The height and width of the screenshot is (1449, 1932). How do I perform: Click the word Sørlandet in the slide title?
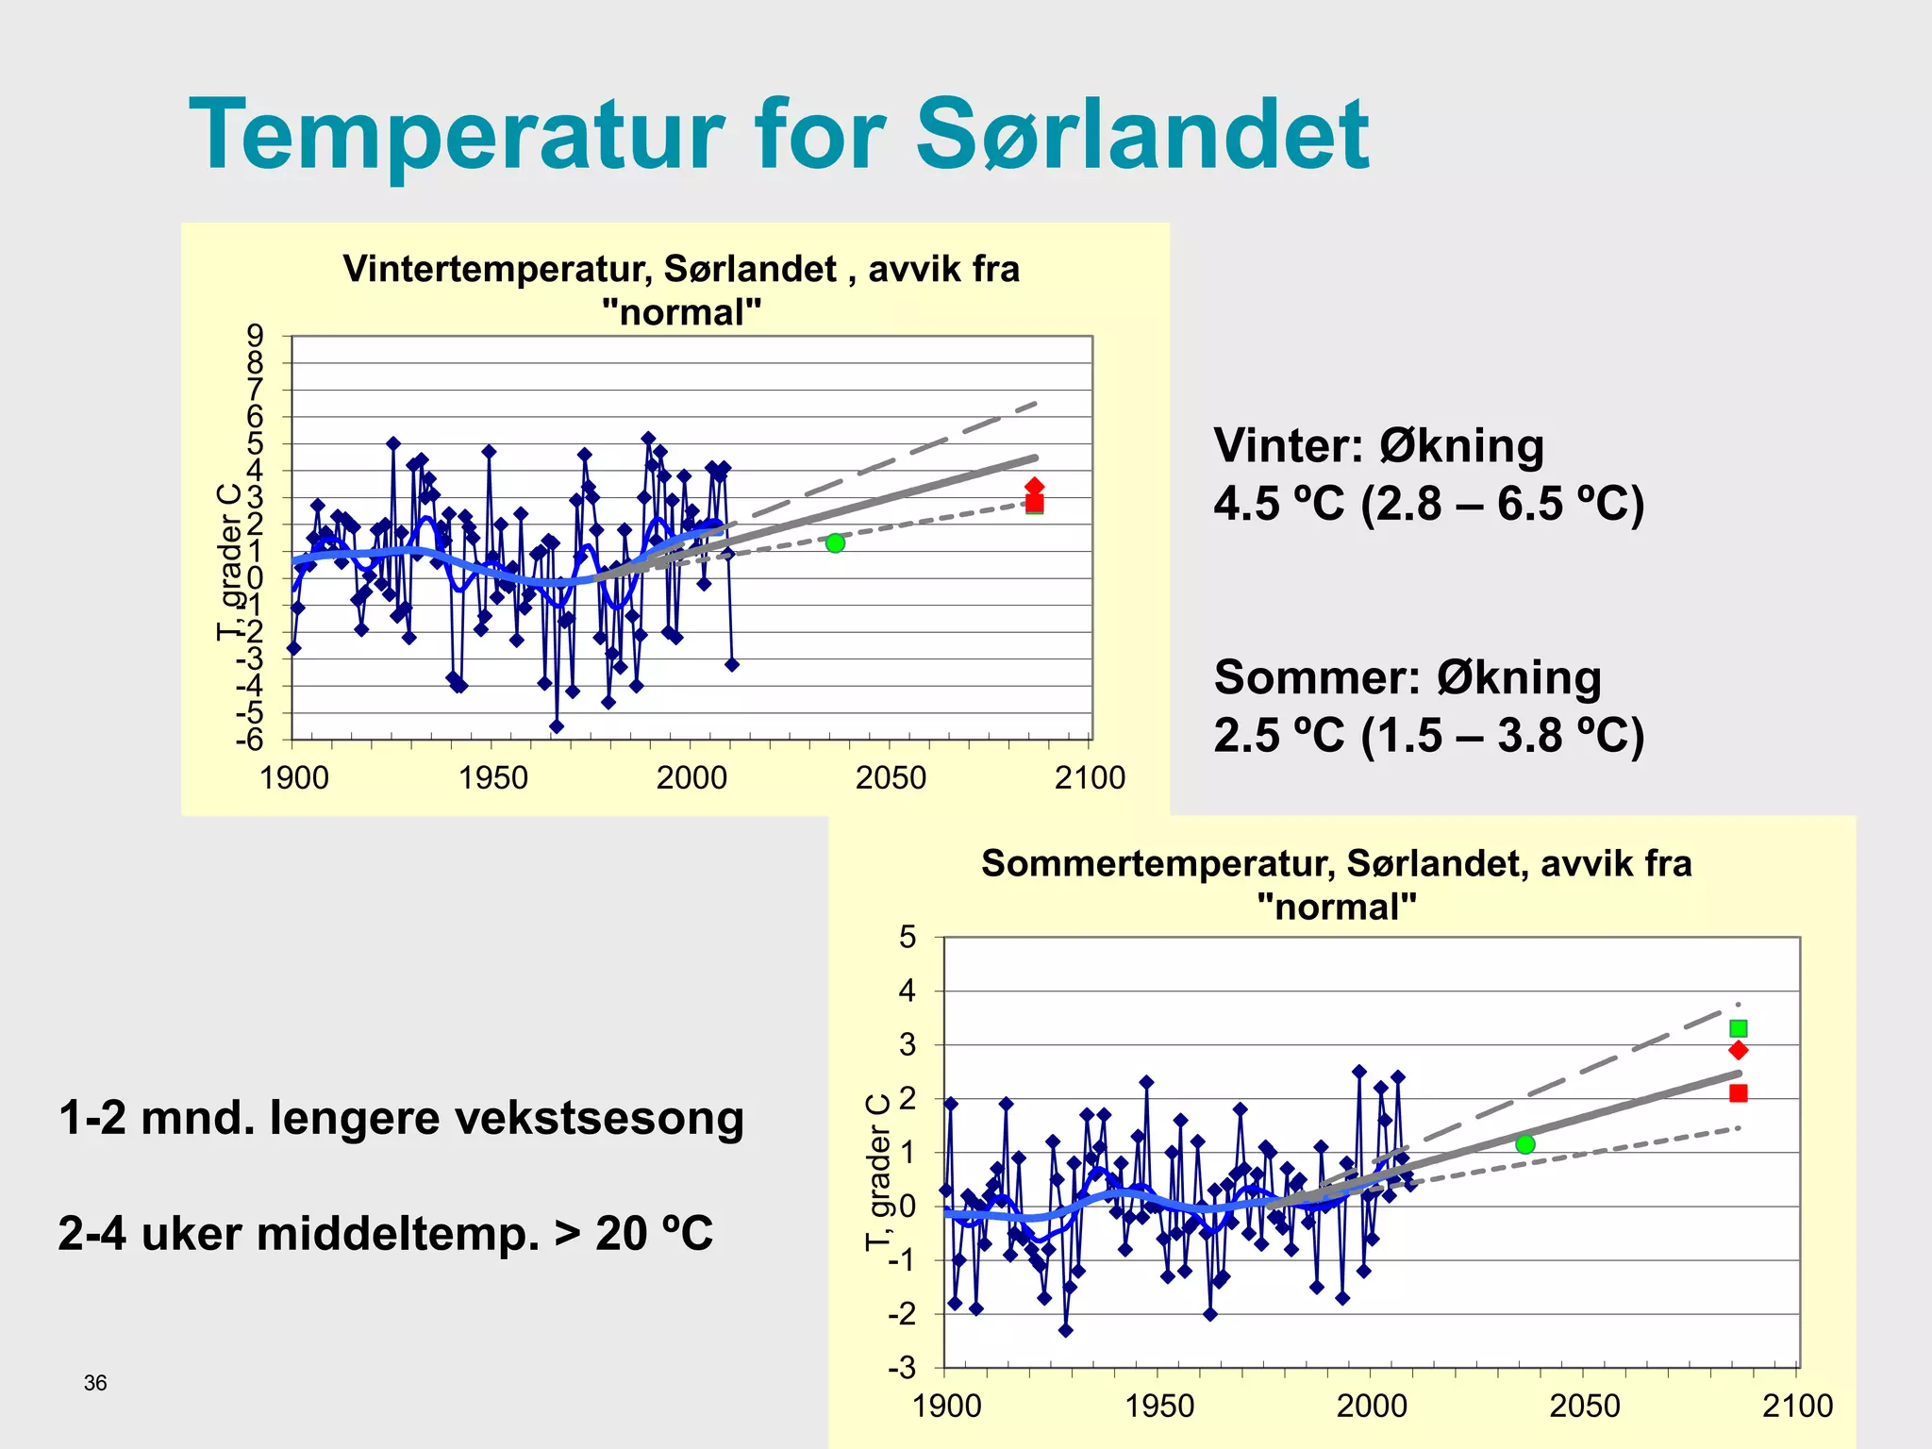coord(1141,135)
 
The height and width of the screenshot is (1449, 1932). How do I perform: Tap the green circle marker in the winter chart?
coord(835,543)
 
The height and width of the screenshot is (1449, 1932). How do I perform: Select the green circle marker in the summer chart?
coord(1525,1144)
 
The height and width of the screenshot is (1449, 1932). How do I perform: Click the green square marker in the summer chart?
coord(1739,1028)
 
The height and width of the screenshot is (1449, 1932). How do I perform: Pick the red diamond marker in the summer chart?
coord(1739,1051)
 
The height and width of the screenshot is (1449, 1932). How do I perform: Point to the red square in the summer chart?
coord(1739,1093)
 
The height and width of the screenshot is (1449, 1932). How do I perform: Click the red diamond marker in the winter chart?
coord(1035,487)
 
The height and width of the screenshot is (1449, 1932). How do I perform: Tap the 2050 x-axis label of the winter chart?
coord(891,778)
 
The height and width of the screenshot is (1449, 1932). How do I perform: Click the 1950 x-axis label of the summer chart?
coord(1159,1407)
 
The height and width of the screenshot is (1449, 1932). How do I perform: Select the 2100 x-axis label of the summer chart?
coord(1797,1407)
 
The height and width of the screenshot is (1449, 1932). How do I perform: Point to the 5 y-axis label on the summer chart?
coord(908,938)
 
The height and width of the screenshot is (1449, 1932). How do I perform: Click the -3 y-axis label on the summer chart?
coord(903,1368)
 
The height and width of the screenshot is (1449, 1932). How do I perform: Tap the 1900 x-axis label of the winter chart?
coord(294,778)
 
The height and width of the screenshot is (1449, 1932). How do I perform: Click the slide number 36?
coord(95,1383)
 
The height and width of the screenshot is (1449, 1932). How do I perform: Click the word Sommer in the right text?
coord(1317,678)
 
